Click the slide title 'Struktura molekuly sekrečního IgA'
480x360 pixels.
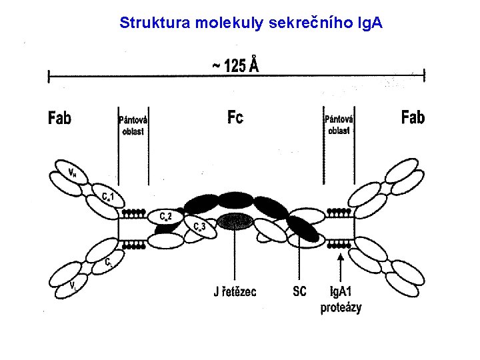(x=251, y=23)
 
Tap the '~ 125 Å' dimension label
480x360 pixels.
(x=236, y=65)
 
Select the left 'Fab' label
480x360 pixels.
(x=59, y=119)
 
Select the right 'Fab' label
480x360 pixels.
(x=413, y=118)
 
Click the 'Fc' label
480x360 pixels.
(x=235, y=118)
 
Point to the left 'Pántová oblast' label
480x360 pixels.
(x=133, y=125)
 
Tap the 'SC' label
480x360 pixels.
(x=299, y=291)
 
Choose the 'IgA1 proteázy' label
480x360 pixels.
(x=341, y=299)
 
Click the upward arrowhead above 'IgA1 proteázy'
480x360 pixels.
(x=341, y=255)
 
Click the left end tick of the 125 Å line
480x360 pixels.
(x=49, y=77)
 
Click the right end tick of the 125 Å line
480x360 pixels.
(x=425, y=77)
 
